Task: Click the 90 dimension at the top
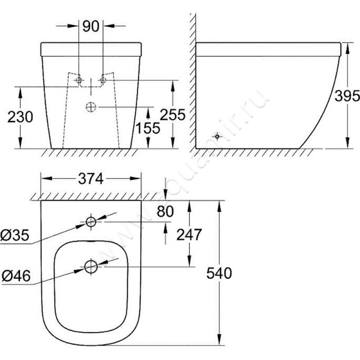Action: pos(90,27)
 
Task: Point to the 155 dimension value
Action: pos(148,128)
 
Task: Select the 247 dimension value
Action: pos(189,234)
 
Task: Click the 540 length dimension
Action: pos(219,273)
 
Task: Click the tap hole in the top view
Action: pos(91,221)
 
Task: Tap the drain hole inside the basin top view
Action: pos(91,266)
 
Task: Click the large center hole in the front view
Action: pos(91,107)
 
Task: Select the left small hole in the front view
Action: pos(79,81)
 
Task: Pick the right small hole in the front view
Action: pos(103,81)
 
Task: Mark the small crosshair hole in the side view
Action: pos(217,136)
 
